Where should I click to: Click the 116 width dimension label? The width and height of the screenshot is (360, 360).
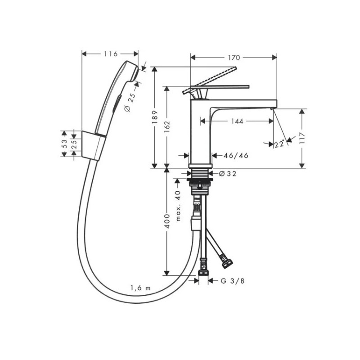click(x=111, y=54)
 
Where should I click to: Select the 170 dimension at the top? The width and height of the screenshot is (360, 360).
click(x=234, y=58)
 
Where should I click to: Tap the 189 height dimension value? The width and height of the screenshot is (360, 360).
click(x=155, y=117)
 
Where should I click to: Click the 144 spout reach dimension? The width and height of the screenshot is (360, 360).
click(x=237, y=121)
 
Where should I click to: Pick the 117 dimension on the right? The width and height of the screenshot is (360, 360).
click(x=302, y=138)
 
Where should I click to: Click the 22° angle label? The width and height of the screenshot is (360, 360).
click(x=279, y=144)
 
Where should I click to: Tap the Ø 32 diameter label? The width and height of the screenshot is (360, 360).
click(x=228, y=174)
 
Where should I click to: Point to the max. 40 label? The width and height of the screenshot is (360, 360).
click(x=178, y=206)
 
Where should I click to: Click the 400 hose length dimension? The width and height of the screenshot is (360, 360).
click(x=167, y=221)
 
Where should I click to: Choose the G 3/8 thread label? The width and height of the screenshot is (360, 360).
click(x=233, y=280)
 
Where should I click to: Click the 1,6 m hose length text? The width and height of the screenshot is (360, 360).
click(x=140, y=288)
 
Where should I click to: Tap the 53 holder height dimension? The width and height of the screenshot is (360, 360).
click(x=64, y=144)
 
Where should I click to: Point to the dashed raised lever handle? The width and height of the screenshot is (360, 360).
click(x=209, y=81)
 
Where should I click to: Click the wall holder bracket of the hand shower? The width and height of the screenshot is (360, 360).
click(x=94, y=146)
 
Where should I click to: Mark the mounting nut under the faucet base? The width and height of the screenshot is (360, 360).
click(x=200, y=183)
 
